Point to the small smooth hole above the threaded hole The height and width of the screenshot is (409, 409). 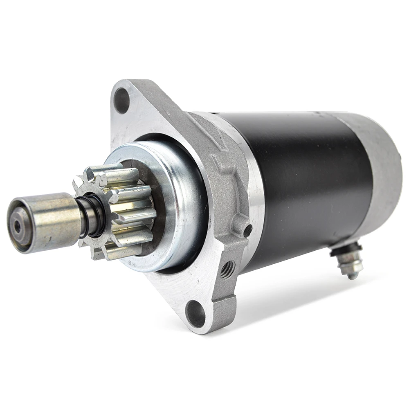pos(247,231)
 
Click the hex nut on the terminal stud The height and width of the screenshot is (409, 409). pos(351,266)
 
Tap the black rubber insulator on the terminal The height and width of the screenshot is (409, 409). pos(342,249)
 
